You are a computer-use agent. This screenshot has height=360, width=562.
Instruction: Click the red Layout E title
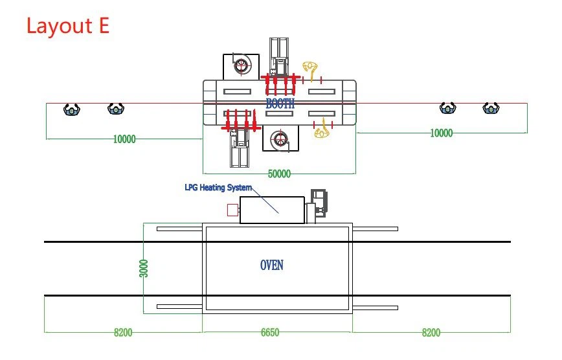(68, 26)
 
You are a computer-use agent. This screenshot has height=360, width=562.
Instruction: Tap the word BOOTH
(280, 104)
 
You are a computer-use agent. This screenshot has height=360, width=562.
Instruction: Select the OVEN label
(272, 265)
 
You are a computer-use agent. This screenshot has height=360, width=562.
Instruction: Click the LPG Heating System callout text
(218, 187)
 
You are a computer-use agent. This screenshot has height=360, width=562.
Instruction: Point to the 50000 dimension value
(279, 174)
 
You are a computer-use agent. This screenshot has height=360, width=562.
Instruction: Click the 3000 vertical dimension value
(143, 268)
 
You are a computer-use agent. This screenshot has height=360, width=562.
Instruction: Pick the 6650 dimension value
(270, 332)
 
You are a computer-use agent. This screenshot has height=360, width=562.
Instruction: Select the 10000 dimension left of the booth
(124, 139)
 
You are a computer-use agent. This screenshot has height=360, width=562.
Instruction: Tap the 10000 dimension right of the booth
(441, 133)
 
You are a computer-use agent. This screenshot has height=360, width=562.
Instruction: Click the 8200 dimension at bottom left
(123, 333)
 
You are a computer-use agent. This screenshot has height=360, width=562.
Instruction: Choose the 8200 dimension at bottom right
(431, 333)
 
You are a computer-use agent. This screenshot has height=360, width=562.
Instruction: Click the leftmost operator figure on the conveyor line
(72, 109)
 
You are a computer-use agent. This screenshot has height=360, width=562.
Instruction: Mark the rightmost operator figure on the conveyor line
(491, 108)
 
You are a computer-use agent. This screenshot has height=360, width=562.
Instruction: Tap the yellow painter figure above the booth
(310, 68)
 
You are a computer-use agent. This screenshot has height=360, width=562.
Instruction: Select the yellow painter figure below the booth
(322, 129)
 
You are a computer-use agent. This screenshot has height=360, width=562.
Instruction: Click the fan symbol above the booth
(242, 66)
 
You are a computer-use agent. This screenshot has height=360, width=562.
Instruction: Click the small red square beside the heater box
(232, 210)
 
